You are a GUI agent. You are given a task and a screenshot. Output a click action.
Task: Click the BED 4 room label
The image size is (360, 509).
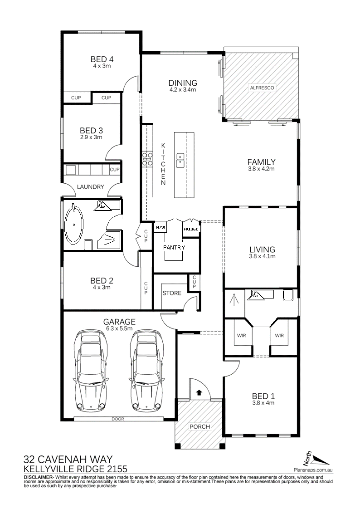point(102,59)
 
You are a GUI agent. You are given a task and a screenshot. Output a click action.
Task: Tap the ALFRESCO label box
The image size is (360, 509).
point(262,88)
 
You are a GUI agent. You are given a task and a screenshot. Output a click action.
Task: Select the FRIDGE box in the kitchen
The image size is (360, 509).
point(191,229)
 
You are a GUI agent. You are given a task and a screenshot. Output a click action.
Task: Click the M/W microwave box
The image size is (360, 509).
point(161,227)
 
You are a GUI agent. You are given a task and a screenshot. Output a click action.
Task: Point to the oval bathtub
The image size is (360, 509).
point(74,224)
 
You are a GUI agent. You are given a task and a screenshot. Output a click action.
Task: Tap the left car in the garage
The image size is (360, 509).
point(90,370)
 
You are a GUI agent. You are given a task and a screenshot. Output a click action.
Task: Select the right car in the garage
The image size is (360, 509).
point(146,370)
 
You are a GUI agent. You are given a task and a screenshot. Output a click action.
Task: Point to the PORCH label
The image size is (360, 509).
point(200,426)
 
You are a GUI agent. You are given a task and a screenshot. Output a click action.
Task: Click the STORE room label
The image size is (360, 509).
point(172,293)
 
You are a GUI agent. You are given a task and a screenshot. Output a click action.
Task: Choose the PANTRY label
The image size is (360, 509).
point(174,247)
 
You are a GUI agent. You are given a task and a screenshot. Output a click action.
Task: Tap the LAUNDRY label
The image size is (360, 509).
point(91,186)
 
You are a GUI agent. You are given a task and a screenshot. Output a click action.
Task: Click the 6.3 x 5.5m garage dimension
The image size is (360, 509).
point(119,328)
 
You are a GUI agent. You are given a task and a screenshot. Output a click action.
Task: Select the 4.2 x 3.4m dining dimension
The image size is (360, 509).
point(183,89)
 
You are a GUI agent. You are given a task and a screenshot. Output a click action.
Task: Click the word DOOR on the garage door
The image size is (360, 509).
point(118,419)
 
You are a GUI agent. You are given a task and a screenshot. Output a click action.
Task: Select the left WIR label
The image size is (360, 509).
point(242,335)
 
